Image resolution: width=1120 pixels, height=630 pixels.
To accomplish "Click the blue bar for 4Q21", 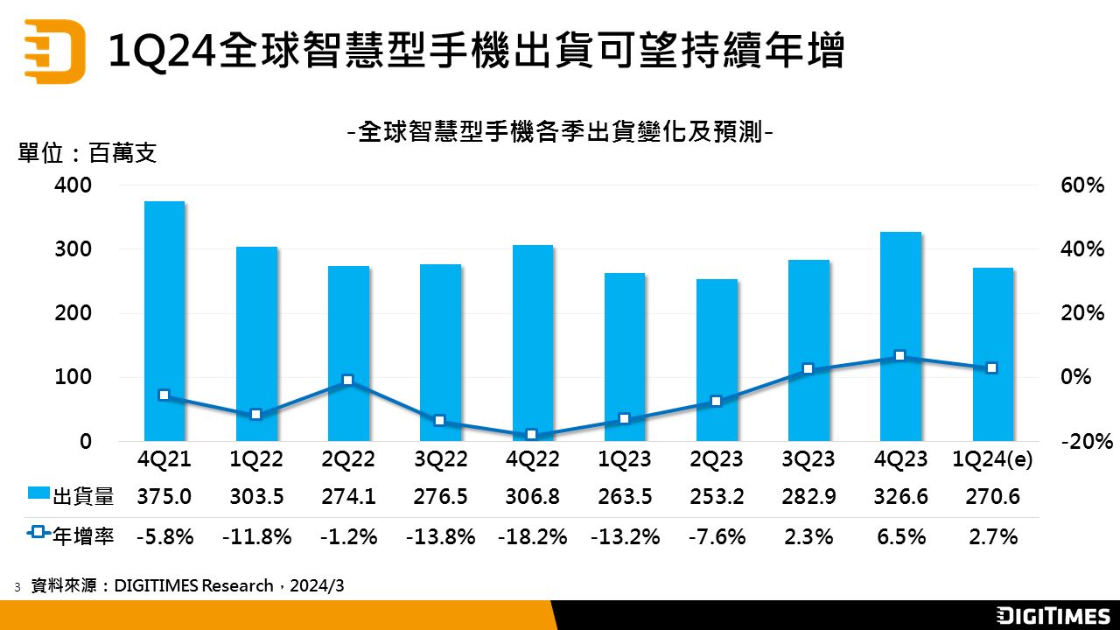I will (x=164, y=321).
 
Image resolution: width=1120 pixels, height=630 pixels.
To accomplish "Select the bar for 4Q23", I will (x=900, y=336).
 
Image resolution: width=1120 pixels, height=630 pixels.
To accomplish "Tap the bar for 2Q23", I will (x=717, y=360).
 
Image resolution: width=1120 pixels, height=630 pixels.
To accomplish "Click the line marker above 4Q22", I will (x=531, y=435).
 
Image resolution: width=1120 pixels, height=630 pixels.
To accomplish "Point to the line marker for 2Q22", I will (x=347, y=380).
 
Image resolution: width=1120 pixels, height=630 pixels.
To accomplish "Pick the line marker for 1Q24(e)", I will (x=991, y=368).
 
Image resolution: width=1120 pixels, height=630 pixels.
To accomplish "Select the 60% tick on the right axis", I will (x=1082, y=185).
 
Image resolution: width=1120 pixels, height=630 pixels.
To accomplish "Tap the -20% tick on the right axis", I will (x=1082, y=442).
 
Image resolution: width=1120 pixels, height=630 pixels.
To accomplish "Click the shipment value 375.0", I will (x=164, y=497).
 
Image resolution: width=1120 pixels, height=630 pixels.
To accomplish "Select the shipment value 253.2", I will (x=717, y=497).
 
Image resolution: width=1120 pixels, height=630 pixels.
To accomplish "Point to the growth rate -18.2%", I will (x=532, y=535).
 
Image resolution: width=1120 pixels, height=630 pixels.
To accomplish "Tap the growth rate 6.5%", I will (x=900, y=535).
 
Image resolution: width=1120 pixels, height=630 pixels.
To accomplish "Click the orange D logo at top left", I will (x=54, y=51).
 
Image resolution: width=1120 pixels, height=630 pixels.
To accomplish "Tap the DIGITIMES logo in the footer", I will (x=1053, y=615).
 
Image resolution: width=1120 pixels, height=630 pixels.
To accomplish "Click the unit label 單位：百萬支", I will (x=87, y=154).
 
